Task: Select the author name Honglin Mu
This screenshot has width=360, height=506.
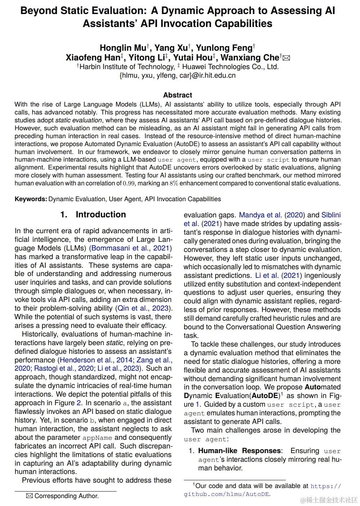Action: click(x=123, y=48)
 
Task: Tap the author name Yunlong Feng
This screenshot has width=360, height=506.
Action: click(x=224, y=48)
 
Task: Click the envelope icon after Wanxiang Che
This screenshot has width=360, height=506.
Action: click(x=287, y=58)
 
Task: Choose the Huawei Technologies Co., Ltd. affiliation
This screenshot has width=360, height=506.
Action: click(x=230, y=67)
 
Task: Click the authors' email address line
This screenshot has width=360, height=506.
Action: click(x=178, y=76)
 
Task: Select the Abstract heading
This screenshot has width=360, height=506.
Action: click(x=178, y=95)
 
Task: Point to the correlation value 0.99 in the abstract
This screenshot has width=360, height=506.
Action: click(x=129, y=184)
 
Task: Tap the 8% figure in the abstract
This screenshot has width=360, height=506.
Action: click(x=174, y=184)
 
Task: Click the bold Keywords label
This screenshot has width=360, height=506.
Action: click(x=31, y=199)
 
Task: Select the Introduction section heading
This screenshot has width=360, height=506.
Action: click(x=101, y=214)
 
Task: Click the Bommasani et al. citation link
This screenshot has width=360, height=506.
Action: click(x=120, y=248)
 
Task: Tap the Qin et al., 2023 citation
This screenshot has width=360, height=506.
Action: click(x=143, y=308)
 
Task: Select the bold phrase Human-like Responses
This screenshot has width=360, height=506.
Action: click(x=240, y=451)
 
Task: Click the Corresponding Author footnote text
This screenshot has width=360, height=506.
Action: click(x=66, y=496)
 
